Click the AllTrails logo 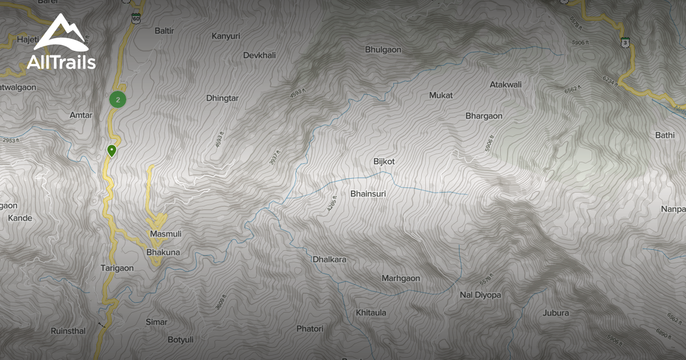tap(61, 43)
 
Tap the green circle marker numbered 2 tap(118, 99)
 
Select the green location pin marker tap(111, 151)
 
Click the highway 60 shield tap(135, 18)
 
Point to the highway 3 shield tap(626, 42)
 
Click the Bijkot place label tap(384, 162)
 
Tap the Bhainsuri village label tap(368, 194)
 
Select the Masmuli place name tap(165, 234)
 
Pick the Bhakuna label tap(163, 252)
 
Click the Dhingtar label tap(222, 98)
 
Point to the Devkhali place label tap(260, 55)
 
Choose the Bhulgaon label tap(383, 50)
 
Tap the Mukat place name tap(441, 95)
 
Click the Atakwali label tap(505, 85)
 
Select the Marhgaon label tap(401, 278)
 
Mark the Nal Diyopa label tap(480, 295)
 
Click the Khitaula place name tap(371, 313)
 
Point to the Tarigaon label tap(117, 268)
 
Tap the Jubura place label tap(556, 313)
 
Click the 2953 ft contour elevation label tap(10, 140)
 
